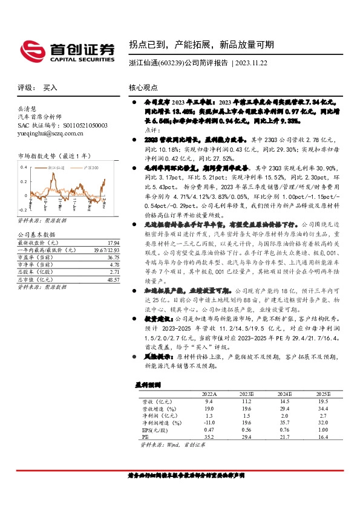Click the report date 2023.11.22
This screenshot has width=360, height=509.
coord(255,62)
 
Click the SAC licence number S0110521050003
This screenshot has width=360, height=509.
coord(77,125)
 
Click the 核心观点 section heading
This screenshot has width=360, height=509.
coord(143,88)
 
